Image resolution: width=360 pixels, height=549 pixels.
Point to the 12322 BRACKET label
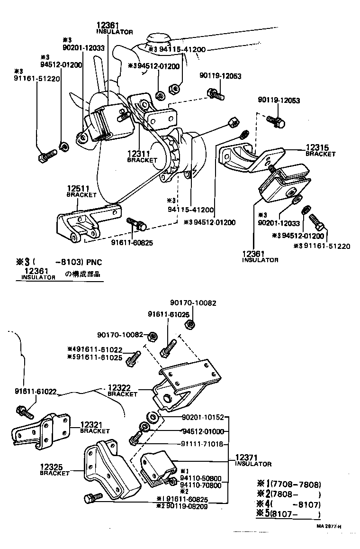(122, 390)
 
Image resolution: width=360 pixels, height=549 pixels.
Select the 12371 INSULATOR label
(253, 460)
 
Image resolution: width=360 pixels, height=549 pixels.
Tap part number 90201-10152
(203, 418)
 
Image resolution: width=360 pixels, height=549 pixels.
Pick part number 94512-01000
(203, 431)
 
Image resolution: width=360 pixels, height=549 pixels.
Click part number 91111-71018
(203, 445)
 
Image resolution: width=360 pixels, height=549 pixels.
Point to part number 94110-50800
(201, 479)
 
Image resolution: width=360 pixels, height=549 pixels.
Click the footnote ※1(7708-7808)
(289, 485)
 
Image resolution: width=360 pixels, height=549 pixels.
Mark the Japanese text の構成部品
(84, 274)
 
